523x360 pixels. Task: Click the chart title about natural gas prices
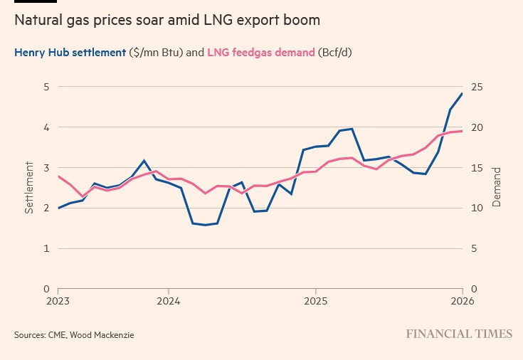(x=167, y=21)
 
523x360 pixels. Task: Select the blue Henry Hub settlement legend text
(x=70, y=53)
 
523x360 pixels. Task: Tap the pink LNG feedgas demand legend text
(x=260, y=53)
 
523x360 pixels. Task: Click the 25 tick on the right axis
(x=476, y=87)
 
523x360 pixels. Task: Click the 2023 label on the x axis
(x=58, y=300)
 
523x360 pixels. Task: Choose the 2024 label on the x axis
(x=168, y=300)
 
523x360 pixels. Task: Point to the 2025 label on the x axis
(x=315, y=300)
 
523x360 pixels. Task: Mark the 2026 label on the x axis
(x=463, y=300)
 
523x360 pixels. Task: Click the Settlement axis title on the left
(x=30, y=188)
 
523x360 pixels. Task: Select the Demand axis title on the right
(x=497, y=188)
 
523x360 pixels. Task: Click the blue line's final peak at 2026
(x=463, y=94)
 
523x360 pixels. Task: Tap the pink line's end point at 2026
(x=463, y=131)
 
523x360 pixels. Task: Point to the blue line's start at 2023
(x=58, y=208)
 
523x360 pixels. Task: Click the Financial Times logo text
(x=459, y=334)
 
